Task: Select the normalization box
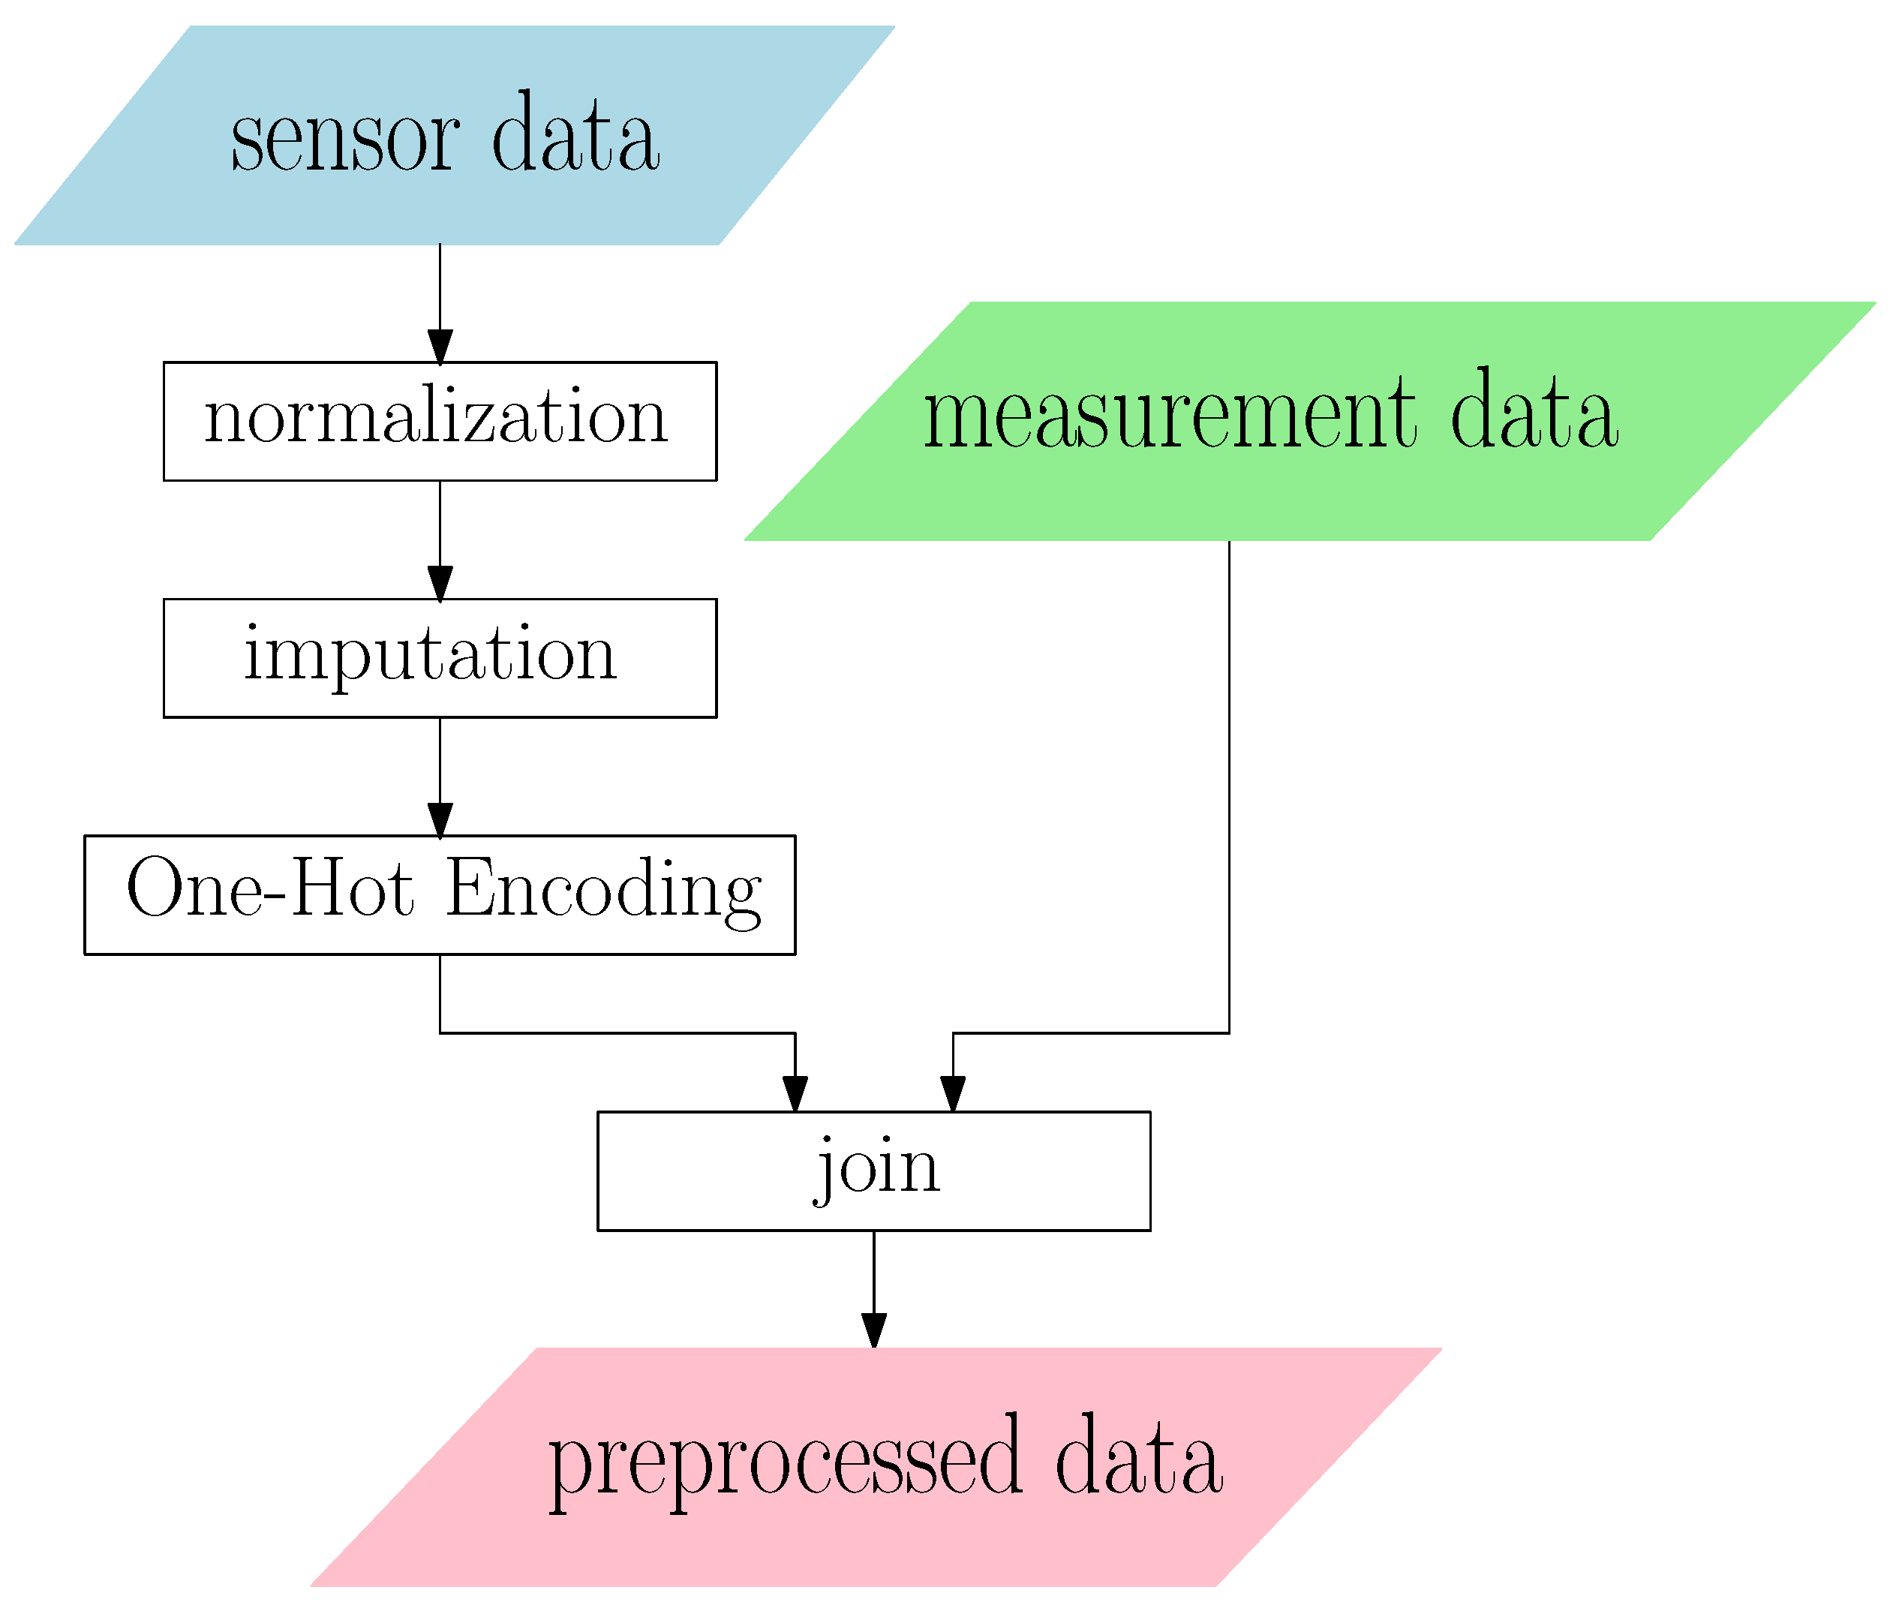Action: click(x=439, y=421)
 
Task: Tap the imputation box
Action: click(x=439, y=657)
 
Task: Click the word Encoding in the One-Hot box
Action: click(x=604, y=889)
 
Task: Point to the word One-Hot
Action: click(x=269, y=889)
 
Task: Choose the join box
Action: click(x=873, y=1171)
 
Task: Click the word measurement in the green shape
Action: click(x=1168, y=416)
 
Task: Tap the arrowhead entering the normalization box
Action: click(x=439, y=347)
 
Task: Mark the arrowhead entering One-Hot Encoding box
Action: click(x=439, y=819)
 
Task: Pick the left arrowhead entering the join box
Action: click(x=795, y=1093)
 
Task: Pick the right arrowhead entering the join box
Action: click(x=953, y=1093)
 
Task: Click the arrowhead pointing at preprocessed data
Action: click(x=873, y=1330)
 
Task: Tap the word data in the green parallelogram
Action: click(x=1534, y=416)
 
